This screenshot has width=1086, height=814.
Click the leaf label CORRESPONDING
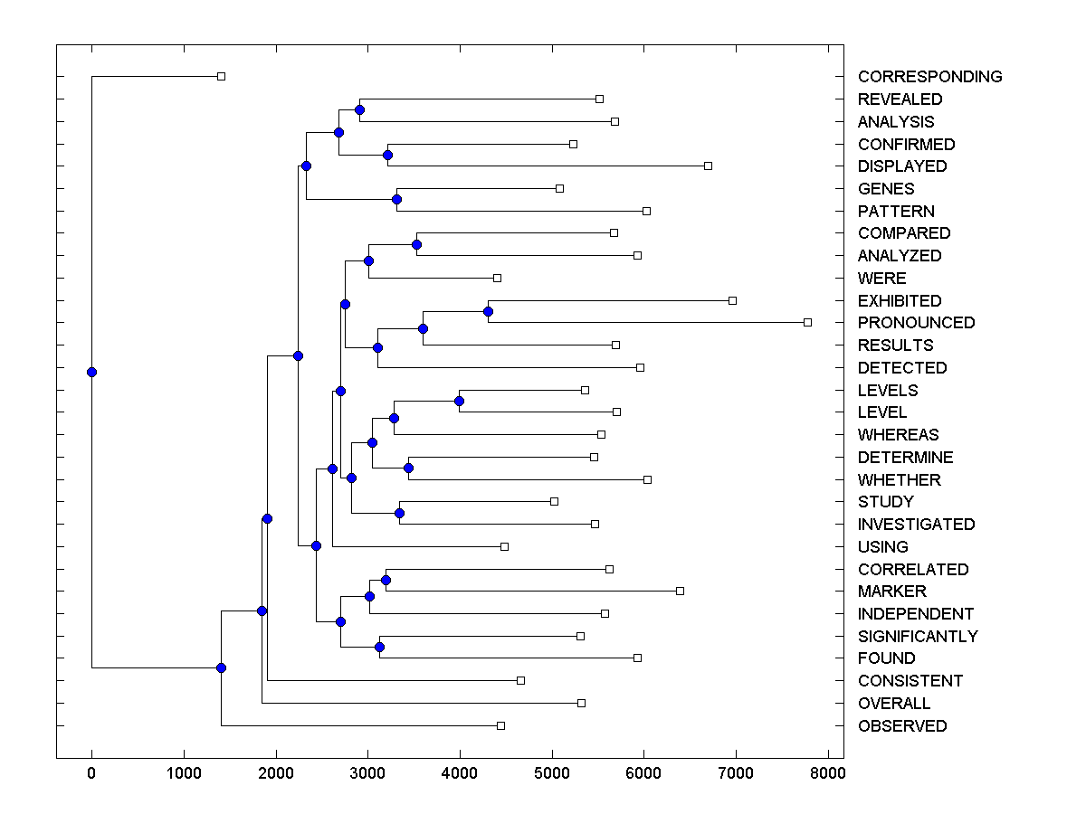point(929,77)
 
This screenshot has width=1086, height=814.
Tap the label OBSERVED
point(902,726)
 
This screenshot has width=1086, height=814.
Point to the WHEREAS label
point(898,435)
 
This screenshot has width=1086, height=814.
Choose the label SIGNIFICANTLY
point(918,637)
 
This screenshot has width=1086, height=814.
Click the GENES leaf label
point(886,189)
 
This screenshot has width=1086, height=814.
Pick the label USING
point(882,547)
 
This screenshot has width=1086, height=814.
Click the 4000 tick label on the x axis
point(460,773)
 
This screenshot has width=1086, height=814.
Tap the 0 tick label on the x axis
point(91,773)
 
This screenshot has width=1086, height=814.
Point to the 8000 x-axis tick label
point(828,773)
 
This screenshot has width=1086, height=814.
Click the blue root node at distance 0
point(91,372)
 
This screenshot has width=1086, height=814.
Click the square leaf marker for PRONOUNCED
point(807,322)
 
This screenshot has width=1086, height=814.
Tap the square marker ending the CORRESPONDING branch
point(221,77)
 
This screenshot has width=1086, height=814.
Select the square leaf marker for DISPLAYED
point(708,166)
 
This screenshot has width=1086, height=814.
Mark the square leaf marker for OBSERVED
point(500,725)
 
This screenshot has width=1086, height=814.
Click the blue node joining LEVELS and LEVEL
point(459,401)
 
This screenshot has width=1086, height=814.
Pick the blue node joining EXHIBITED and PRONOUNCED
point(488,311)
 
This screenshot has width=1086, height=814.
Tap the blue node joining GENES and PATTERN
point(396,199)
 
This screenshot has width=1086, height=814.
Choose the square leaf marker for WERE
point(497,278)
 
